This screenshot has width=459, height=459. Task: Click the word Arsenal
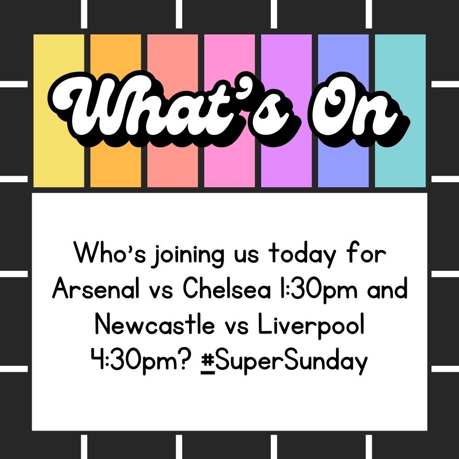pyautogui.click(x=95, y=289)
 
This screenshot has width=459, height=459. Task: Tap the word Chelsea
pyautogui.click(x=227, y=289)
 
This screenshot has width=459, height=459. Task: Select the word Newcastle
pyautogui.click(x=155, y=325)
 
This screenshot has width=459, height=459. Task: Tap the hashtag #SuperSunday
pyautogui.click(x=284, y=362)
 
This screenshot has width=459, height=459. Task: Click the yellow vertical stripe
pyautogui.click(x=59, y=111)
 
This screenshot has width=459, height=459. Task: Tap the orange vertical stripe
pyautogui.click(x=116, y=111)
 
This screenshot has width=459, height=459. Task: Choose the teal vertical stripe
pyautogui.click(x=400, y=111)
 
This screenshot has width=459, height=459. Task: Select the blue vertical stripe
pyautogui.click(x=343, y=111)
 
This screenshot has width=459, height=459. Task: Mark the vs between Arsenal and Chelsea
pyautogui.click(x=161, y=291)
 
